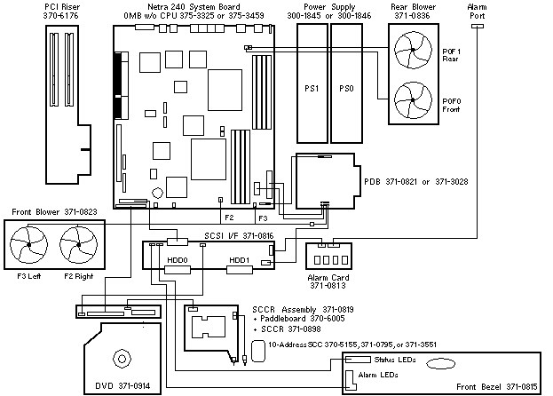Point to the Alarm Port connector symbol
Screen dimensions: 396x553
[x=477, y=26]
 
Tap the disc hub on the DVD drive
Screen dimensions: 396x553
[x=121, y=359]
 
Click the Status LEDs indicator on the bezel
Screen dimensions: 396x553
[x=358, y=360]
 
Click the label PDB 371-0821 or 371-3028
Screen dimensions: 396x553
[x=416, y=181]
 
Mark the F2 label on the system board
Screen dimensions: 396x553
[x=228, y=216]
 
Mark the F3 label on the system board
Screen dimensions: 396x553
[x=263, y=217]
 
